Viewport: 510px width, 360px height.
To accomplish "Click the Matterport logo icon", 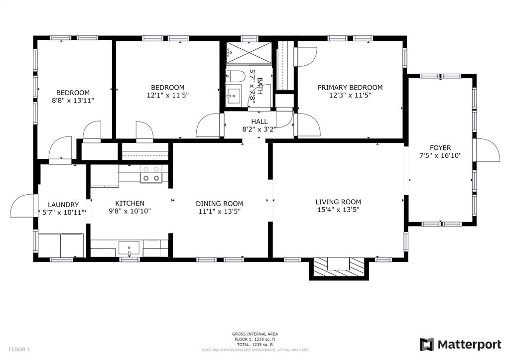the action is (x=426, y=345).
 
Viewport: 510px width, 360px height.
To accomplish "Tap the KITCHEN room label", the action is (x=130, y=203).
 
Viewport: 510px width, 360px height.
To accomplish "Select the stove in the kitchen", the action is (x=151, y=174).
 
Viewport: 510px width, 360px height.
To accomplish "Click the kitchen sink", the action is (x=129, y=249).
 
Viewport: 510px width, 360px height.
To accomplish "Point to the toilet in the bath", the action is (x=236, y=76).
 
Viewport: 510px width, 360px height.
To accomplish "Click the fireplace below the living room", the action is (x=339, y=268).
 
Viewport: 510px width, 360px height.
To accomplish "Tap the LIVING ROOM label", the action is (x=338, y=202).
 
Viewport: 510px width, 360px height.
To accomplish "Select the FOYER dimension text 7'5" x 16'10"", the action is (x=440, y=155).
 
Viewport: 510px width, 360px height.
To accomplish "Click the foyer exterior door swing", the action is (x=488, y=149).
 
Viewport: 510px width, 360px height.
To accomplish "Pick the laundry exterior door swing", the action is (x=22, y=206).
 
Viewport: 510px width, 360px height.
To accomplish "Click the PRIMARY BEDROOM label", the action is (x=350, y=87).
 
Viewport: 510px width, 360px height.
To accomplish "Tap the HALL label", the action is (x=259, y=121).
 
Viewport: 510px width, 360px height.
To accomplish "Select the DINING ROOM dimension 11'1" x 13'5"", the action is (x=220, y=212).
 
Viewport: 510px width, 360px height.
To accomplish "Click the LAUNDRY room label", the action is (x=63, y=205).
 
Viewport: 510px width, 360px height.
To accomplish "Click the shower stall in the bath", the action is (x=249, y=52).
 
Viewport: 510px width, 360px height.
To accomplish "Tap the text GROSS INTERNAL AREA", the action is (x=255, y=334).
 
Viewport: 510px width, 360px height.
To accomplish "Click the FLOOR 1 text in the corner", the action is (x=19, y=350).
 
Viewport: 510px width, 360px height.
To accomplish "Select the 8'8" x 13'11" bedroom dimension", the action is (x=73, y=101).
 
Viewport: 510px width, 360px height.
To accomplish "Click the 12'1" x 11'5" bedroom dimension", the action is (x=168, y=95).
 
